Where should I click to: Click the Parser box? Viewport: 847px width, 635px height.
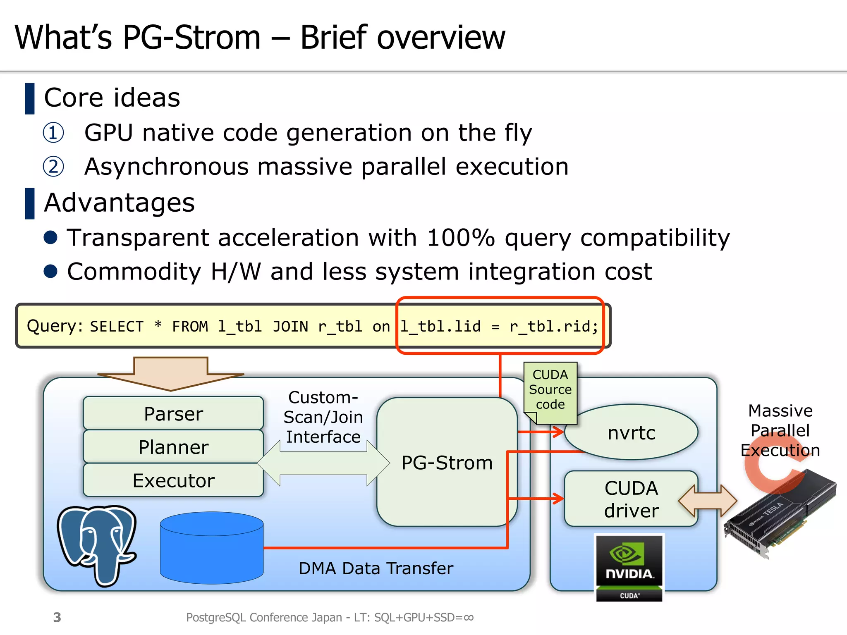coord(173,413)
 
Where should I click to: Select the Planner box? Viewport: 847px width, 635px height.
coord(173,447)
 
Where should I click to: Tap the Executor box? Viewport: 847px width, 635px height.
coord(173,480)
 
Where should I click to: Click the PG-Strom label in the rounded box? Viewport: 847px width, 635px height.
coord(447,463)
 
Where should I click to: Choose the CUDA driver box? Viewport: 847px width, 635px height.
coord(631,499)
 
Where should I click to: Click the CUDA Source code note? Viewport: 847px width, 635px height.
coord(550,390)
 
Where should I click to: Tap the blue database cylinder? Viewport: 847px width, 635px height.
coord(211,548)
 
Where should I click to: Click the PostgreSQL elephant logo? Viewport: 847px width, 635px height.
coord(97,544)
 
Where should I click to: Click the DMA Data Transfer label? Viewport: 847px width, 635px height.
coord(376,568)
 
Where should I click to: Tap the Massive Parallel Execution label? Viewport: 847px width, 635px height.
coord(780,430)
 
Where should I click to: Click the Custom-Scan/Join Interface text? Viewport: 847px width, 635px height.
coord(323,417)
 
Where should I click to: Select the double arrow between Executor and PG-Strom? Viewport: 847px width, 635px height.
coord(323,463)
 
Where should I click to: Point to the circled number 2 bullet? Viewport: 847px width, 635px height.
coord(53,167)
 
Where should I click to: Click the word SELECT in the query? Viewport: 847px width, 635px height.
coord(117,327)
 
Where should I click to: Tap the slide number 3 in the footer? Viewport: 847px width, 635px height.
coord(57,617)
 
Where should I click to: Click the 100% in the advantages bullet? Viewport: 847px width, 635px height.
coord(460,238)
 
